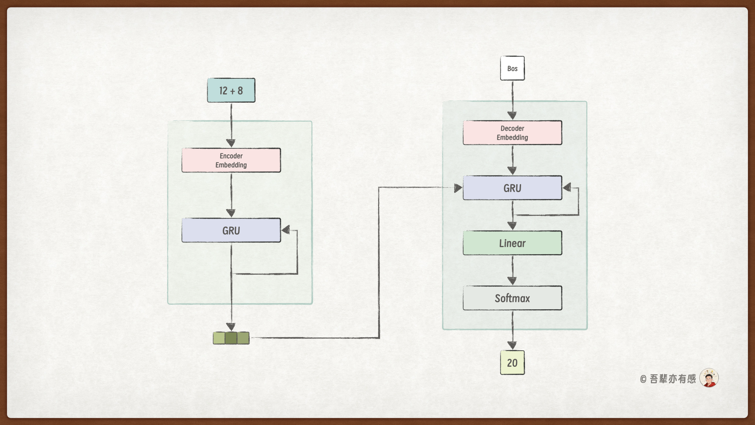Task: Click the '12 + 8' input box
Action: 231,91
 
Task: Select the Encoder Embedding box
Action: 231,160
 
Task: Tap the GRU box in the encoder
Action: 231,231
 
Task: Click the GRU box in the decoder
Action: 512,188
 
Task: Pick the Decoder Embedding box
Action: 512,133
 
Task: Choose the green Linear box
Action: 512,243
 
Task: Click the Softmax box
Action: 512,298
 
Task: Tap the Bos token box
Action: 512,68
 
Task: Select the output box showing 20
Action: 512,363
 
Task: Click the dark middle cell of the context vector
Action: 231,338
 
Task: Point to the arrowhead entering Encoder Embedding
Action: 231,143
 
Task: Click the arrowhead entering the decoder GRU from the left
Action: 458,188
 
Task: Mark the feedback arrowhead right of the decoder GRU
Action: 567,188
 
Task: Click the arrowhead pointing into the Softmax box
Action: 512,281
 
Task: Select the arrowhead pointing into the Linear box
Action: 512,225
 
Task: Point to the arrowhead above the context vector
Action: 231,327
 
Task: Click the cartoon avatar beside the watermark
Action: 709,378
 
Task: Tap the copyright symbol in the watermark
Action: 643,379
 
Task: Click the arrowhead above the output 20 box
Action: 512,345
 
